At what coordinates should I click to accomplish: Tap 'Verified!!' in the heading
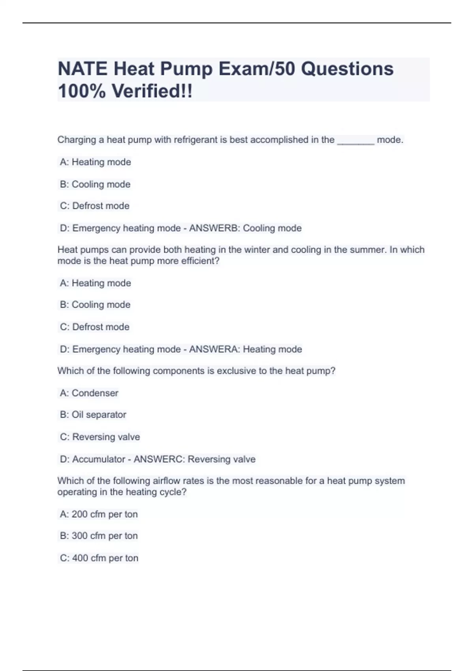click(x=152, y=91)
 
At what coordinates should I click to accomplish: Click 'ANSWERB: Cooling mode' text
click(x=245, y=228)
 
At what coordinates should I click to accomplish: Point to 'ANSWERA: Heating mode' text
click(x=245, y=349)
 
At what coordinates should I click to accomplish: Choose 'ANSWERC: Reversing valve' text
click(x=194, y=459)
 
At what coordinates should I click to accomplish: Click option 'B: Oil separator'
click(x=93, y=415)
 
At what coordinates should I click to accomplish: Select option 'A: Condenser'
click(x=89, y=393)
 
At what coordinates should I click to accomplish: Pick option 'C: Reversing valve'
click(x=100, y=437)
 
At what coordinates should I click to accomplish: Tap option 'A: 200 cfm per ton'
click(x=99, y=514)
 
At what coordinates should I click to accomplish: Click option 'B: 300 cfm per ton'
click(x=99, y=536)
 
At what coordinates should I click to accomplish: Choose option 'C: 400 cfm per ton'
click(x=99, y=558)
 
